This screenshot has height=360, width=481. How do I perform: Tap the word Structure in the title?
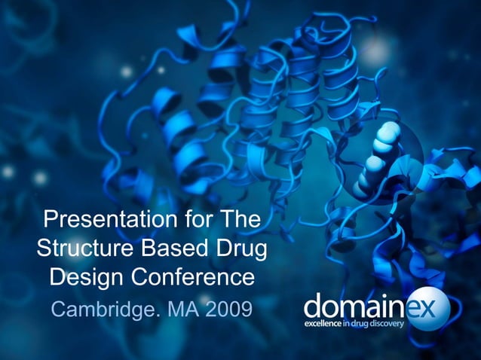tap(80, 249)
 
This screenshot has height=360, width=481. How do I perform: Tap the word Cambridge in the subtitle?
tap(100, 309)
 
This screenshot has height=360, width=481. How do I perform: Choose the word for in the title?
tap(191, 221)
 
